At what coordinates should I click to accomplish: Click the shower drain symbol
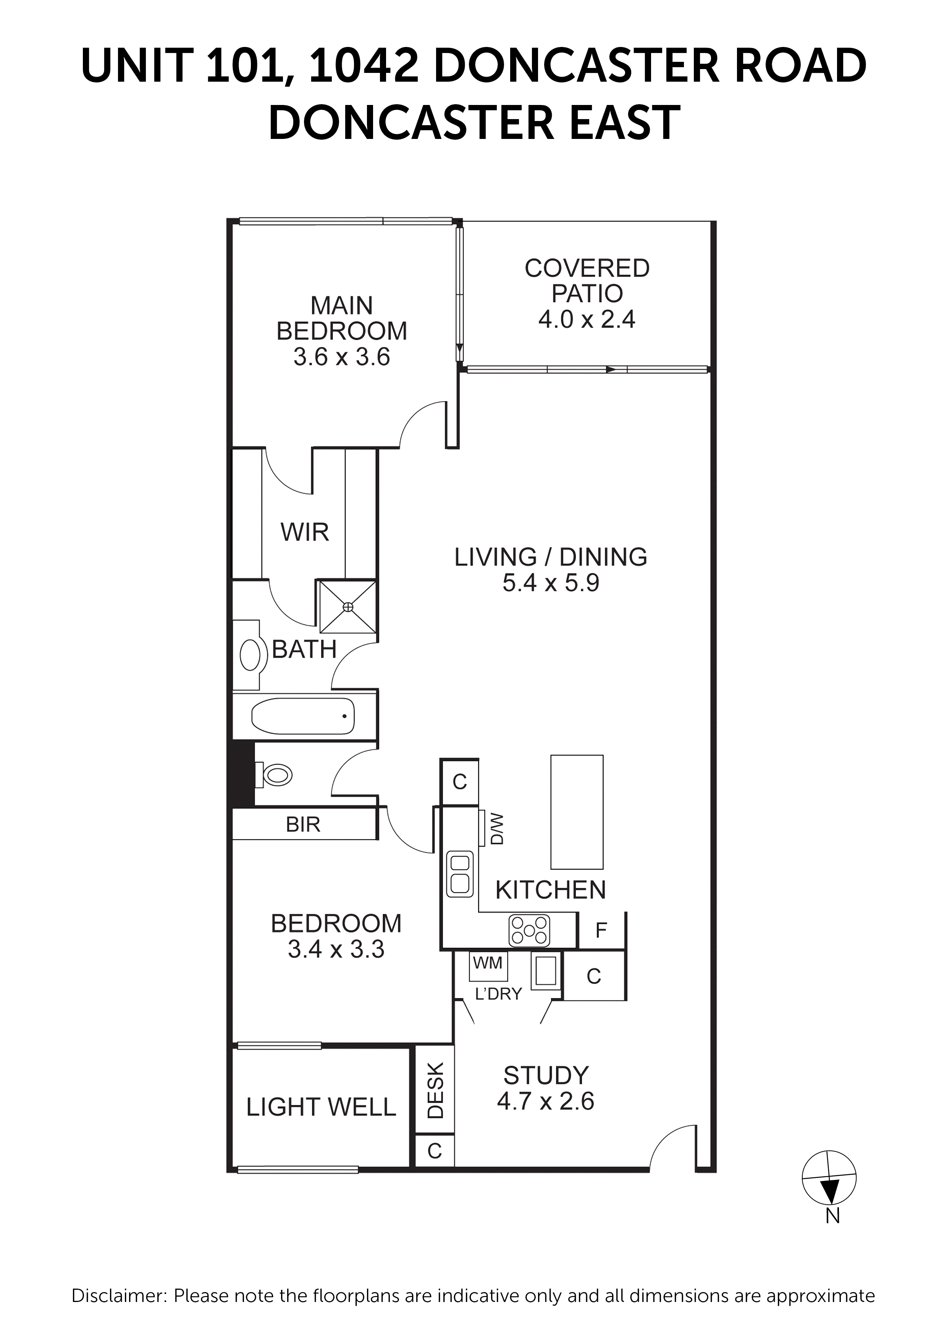coord(348,607)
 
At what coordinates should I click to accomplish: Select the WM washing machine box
coord(488,963)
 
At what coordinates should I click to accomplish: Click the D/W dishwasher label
coord(497,829)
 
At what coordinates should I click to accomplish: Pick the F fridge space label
coord(601,930)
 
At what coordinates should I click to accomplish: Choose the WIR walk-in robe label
coord(305,532)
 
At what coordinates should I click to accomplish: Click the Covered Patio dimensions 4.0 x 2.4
coord(587,319)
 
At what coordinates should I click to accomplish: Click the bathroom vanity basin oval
coord(250,655)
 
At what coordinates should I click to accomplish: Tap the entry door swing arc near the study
coord(671,1145)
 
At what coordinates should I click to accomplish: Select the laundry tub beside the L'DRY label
coord(546,970)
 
